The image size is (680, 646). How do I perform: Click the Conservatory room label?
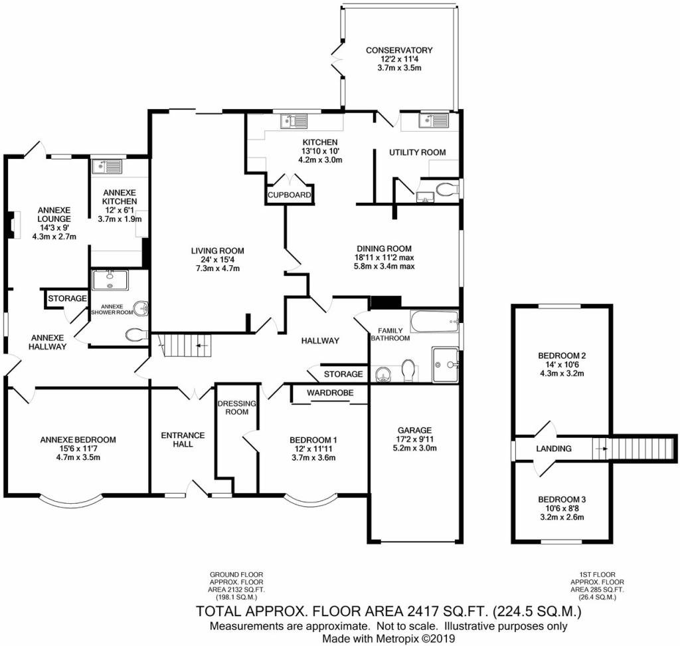coord(399,50)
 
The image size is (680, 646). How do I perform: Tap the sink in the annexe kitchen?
coord(106,166)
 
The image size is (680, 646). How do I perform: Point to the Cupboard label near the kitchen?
coord(289,195)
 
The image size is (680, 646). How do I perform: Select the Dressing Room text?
coord(232,407)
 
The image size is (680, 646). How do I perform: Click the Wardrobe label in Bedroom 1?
coord(329,392)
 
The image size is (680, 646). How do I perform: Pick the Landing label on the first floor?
coord(554,449)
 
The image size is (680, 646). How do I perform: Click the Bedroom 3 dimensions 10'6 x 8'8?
coord(561,508)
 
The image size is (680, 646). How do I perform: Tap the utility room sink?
coord(434,120)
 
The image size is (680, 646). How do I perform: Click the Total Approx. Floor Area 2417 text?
coord(388,611)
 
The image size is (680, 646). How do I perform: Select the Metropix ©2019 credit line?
coord(388,638)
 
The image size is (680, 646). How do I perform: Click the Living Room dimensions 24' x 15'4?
coord(217,260)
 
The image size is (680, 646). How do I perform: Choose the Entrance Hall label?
coord(183,439)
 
